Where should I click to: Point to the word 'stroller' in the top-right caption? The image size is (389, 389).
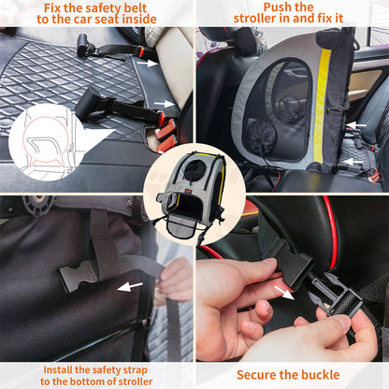(x=258, y=19)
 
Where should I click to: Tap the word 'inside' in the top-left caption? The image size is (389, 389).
(x=161, y=19)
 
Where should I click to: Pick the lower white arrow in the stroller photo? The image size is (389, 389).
(x=353, y=162)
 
